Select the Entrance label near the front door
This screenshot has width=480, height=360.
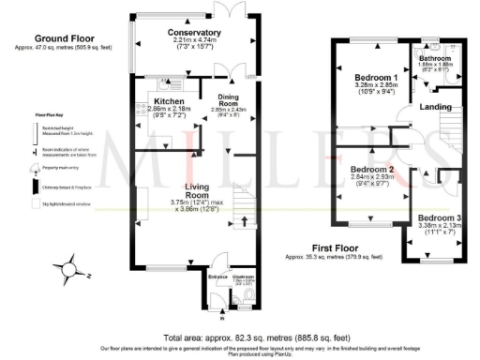(217, 277)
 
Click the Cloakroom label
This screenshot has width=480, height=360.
(243, 277)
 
